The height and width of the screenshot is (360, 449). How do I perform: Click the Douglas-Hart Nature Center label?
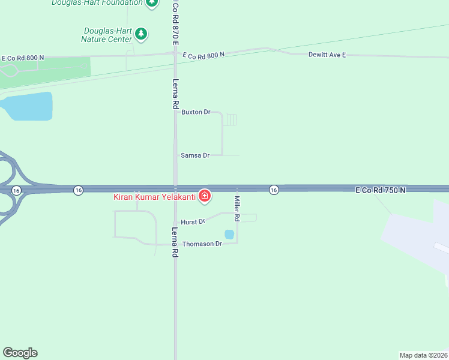(106, 35)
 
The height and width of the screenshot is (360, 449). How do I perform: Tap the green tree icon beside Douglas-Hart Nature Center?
(141, 34)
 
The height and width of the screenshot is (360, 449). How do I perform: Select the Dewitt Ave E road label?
(327, 55)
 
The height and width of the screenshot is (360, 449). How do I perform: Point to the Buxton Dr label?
(196, 112)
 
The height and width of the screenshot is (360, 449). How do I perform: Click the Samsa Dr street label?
(195, 155)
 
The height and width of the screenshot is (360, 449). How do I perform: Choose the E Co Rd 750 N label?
(381, 190)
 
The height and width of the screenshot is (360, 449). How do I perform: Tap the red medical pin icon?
(205, 196)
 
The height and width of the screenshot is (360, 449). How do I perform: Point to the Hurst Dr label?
(193, 222)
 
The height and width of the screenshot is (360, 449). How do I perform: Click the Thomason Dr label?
(202, 244)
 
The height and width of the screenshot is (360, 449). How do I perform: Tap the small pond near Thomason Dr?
(229, 235)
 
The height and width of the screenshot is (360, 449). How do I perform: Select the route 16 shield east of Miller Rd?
(274, 190)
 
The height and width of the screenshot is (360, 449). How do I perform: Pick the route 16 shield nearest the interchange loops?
(16, 190)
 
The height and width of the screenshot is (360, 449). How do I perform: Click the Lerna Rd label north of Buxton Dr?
(176, 94)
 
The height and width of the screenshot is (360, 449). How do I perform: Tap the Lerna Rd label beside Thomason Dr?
(175, 242)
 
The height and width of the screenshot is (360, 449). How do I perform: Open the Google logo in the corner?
(20, 353)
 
